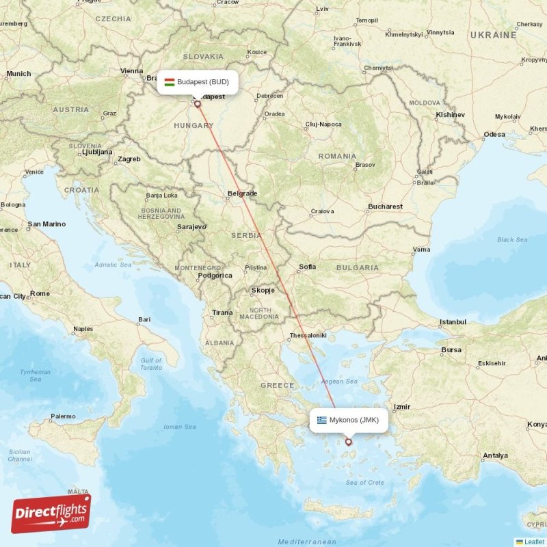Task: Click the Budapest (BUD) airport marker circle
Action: (x=198, y=104)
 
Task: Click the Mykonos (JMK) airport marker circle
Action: (x=348, y=442)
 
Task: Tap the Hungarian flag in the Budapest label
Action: (x=169, y=82)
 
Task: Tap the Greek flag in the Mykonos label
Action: (x=321, y=420)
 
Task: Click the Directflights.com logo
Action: (x=51, y=513)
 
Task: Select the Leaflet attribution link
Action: (x=534, y=542)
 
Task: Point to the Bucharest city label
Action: (x=385, y=206)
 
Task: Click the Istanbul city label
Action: (x=453, y=321)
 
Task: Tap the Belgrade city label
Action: (x=242, y=194)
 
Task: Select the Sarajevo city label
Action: (x=191, y=226)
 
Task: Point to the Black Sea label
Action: (x=512, y=240)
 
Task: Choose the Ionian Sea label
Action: (x=180, y=427)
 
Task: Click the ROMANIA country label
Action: (x=337, y=156)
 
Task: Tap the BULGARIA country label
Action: (x=358, y=268)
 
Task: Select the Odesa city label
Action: (x=494, y=135)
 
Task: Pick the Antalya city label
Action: (x=495, y=455)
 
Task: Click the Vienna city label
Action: (x=131, y=70)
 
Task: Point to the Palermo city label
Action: (x=63, y=416)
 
